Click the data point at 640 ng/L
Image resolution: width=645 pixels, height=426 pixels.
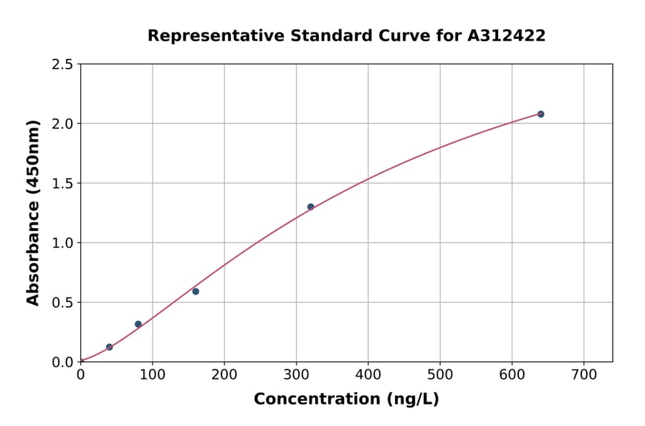point(540,114)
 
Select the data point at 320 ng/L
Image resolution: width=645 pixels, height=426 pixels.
point(310,207)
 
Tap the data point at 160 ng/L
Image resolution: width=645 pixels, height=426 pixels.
point(196,291)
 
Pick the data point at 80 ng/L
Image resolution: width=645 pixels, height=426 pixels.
point(138,324)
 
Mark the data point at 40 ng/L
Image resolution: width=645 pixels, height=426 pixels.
point(110,347)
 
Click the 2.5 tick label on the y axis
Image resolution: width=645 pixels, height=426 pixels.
point(62,65)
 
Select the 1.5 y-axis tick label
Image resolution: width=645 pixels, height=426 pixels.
point(62,184)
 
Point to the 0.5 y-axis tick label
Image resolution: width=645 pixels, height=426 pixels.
point(62,303)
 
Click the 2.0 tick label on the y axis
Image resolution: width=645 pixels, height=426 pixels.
point(62,124)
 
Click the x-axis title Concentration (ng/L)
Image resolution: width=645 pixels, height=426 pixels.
point(346,399)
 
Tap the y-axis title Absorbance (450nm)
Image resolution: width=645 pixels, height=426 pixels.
point(33,212)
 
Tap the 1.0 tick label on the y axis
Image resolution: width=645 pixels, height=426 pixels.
point(62,243)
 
